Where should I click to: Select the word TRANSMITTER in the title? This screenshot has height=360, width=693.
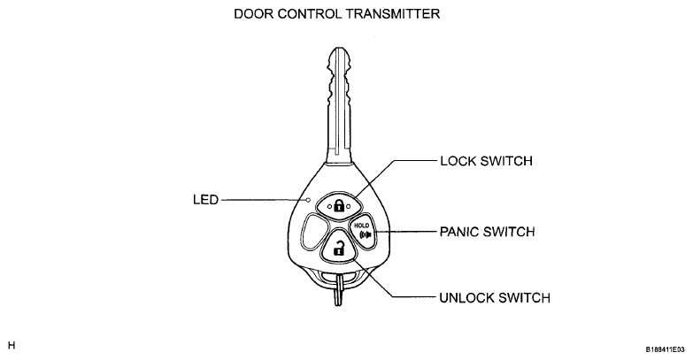click(x=393, y=13)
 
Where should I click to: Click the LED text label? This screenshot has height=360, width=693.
click(x=205, y=200)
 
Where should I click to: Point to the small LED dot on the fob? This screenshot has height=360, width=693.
click(x=309, y=200)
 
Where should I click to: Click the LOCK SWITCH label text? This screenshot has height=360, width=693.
click(x=486, y=161)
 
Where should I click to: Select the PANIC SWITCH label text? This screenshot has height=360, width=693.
click(x=487, y=232)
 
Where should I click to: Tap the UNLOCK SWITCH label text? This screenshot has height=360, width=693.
click(x=495, y=298)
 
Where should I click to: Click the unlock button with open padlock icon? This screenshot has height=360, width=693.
click(x=339, y=247)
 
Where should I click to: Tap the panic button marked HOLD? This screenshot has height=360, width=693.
click(x=364, y=231)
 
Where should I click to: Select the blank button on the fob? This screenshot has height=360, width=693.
click(x=315, y=232)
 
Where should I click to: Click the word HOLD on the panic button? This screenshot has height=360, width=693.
click(x=361, y=226)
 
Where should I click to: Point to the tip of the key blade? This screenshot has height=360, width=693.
click(x=339, y=48)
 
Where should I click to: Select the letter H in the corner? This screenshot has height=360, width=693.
click(x=12, y=346)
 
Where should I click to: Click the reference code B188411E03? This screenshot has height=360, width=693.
click(x=666, y=349)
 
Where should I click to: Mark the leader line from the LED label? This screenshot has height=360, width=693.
click(x=264, y=200)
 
